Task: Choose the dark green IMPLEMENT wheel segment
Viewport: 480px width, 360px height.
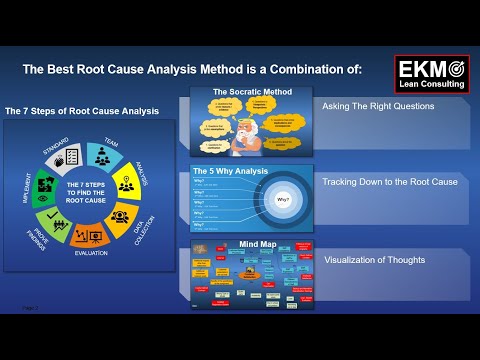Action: click(x=45, y=184)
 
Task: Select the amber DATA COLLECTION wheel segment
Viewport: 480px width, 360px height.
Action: click(x=120, y=218)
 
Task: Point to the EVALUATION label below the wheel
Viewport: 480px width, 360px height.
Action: click(x=91, y=254)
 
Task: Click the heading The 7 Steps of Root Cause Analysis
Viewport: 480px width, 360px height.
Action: click(x=82, y=110)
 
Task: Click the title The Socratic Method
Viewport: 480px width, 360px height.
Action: click(x=243, y=92)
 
